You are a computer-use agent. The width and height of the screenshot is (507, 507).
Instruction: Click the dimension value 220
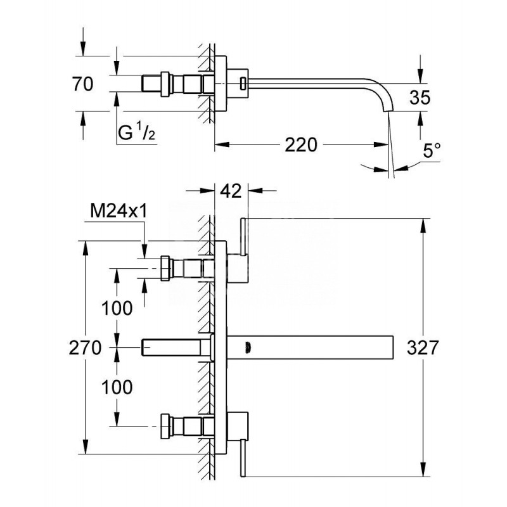(x=300, y=145)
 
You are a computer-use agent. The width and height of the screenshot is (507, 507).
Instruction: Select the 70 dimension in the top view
(x=84, y=84)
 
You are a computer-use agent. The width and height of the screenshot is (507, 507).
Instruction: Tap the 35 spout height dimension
(x=420, y=97)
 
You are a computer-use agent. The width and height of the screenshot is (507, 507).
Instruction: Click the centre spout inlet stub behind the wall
(x=174, y=347)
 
